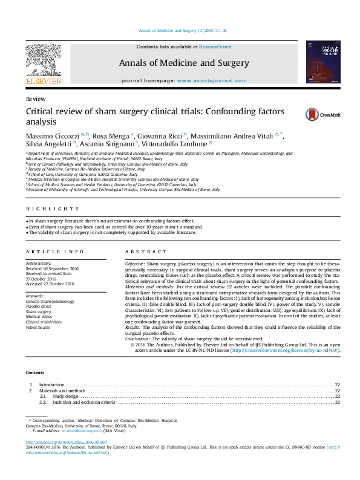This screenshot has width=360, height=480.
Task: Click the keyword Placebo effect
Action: click(x=39, y=306)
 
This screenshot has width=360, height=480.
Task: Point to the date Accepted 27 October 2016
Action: click(x=50, y=284)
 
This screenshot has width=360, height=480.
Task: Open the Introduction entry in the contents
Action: click(x=51, y=384)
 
